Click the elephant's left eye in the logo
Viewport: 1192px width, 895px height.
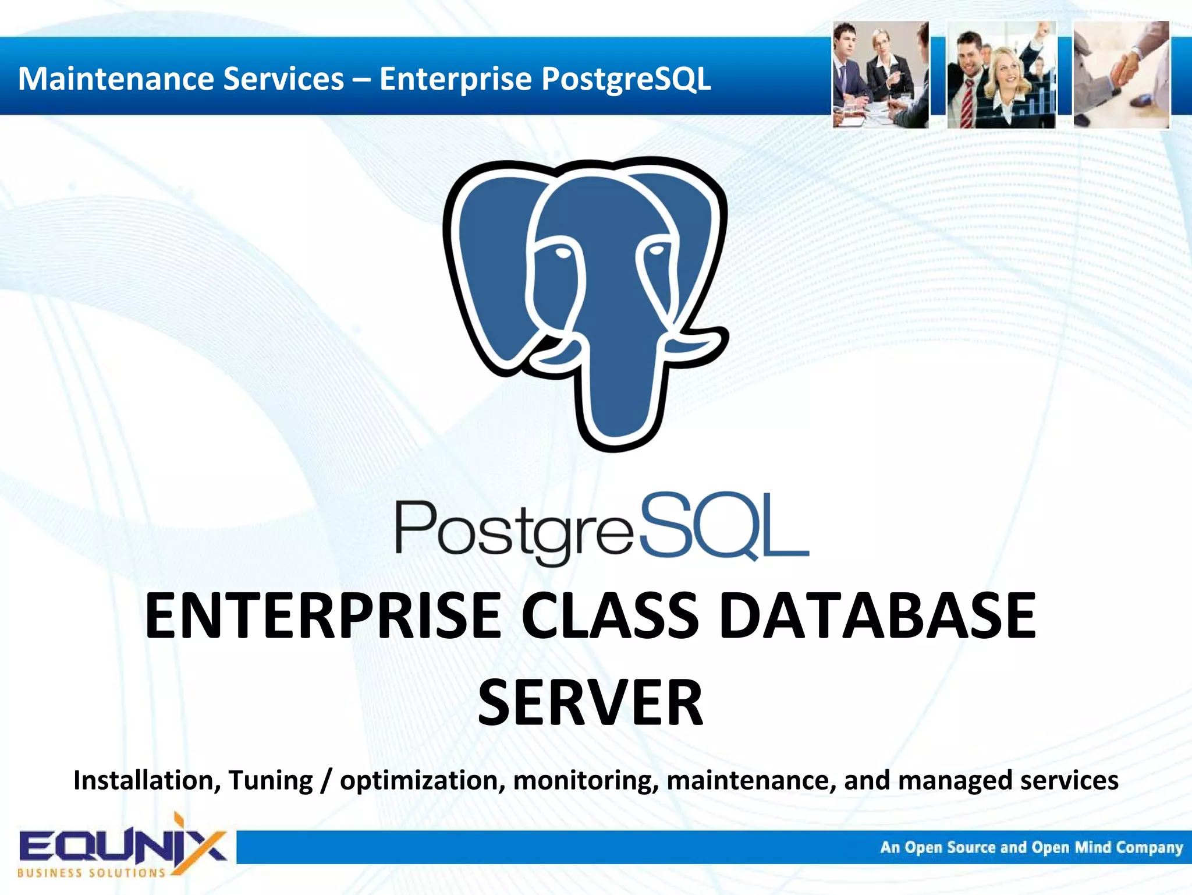[562, 253]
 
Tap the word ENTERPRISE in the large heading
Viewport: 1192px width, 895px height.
[322, 615]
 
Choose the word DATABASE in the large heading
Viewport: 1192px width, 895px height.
[878, 615]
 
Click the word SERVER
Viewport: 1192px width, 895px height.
[590, 703]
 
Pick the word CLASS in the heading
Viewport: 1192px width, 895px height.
[609, 615]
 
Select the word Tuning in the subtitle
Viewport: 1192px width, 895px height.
[271, 780]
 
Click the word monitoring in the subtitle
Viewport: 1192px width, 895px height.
[586, 780]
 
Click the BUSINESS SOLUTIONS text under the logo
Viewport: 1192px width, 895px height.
[91, 873]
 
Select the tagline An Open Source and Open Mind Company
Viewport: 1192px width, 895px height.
[1031, 847]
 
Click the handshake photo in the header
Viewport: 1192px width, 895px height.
[1121, 75]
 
